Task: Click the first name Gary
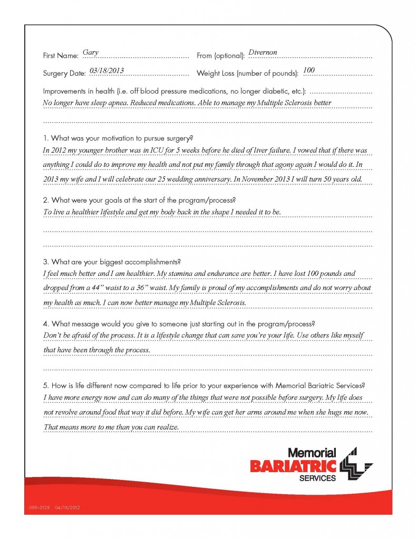[x=91, y=53]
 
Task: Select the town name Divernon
[x=262, y=53]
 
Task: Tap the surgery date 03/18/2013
[x=106, y=71]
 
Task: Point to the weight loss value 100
[x=309, y=71]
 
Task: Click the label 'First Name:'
[x=61, y=55]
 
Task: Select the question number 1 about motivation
[x=46, y=138]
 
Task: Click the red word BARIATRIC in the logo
[x=293, y=466]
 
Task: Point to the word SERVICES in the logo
[x=317, y=478]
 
